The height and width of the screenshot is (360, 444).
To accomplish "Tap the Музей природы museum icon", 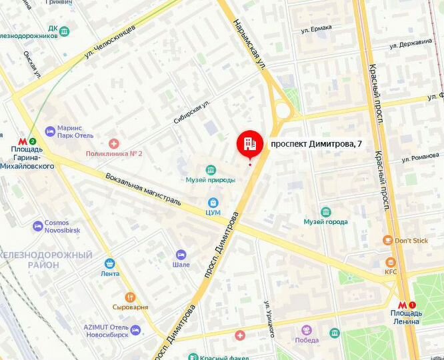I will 211,169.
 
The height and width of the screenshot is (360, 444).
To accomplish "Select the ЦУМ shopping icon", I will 213,202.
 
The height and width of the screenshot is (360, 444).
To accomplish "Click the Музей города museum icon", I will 325,211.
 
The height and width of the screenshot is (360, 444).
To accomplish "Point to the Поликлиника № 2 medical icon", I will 114,143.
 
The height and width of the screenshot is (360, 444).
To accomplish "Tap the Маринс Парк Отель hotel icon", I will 49,131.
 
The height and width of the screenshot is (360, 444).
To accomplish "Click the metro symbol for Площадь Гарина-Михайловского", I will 23,141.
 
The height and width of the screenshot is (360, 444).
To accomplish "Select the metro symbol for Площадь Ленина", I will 402,305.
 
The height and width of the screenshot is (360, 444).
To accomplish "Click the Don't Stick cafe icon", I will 387,240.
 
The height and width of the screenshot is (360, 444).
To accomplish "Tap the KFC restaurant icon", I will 390,262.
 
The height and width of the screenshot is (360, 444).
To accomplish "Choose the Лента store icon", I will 110,263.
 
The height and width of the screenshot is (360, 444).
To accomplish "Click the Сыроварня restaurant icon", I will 130,297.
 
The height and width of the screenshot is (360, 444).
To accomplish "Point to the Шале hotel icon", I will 181,254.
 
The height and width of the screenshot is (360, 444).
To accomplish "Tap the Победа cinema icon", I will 306,331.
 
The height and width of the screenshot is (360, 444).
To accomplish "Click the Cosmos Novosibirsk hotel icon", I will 37,226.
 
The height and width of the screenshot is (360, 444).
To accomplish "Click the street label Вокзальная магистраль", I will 143,189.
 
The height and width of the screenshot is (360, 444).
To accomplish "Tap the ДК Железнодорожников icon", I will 63,29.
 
